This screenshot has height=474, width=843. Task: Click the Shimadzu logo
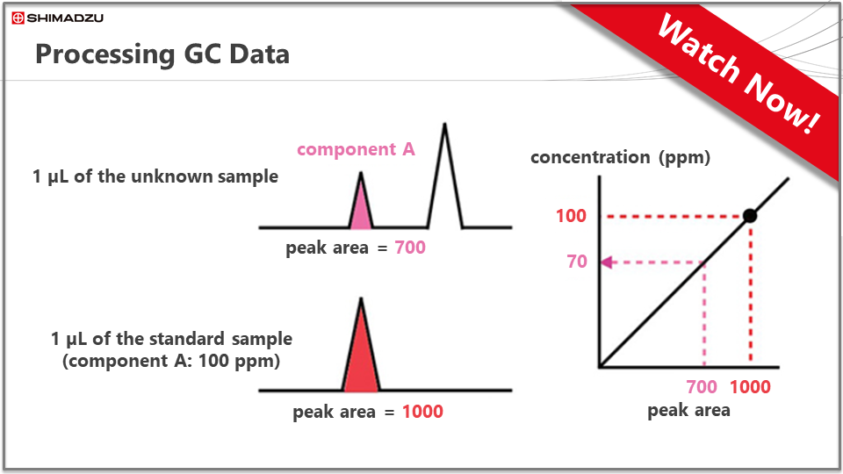[58, 18]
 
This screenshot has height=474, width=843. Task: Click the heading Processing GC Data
[162, 54]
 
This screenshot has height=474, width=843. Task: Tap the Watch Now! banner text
[739, 74]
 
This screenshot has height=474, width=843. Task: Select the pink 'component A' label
[356, 149]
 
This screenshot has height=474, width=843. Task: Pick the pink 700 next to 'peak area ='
[410, 248]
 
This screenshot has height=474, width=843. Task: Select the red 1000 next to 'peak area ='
[422, 412]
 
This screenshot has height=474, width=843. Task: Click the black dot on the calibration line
[750, 216]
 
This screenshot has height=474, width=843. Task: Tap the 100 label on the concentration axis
[571, 216]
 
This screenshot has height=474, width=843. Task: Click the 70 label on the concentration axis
[577, 262]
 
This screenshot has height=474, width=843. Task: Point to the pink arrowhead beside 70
[607, 262]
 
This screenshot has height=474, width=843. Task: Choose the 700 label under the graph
[702, 387]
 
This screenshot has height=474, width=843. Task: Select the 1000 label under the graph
[750, 387]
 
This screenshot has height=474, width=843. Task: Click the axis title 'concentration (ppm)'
[621, 157]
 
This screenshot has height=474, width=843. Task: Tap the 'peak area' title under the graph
[688, 411]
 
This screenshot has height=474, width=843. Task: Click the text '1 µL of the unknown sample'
[155, 176]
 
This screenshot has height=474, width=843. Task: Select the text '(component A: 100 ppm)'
[171, 361]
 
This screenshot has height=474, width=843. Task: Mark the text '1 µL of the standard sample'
[171, 339]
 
